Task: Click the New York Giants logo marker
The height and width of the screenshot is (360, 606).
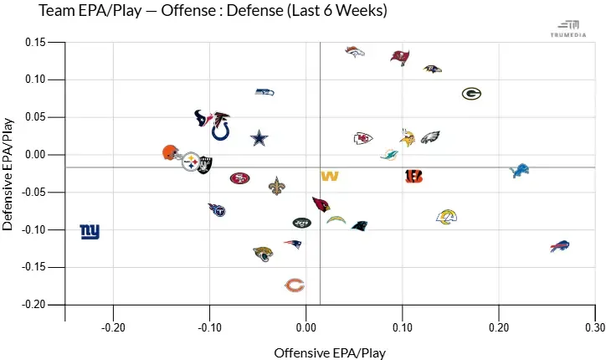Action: [90, 231]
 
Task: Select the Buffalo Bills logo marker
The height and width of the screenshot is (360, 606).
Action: [559, 246]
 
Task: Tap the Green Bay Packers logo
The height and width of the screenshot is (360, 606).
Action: [471, 94]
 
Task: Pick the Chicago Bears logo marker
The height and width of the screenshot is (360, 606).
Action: [294, 285]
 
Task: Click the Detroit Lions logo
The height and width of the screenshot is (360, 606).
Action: [520, 171]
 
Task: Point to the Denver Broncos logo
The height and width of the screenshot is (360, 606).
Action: [355, 52]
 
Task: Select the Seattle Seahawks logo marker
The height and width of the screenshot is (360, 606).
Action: [264, 92]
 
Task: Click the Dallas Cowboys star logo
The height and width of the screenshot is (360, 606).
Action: [260, 138]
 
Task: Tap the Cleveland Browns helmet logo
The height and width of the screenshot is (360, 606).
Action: [171, 152]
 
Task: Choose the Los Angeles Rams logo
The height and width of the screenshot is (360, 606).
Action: [448, 218]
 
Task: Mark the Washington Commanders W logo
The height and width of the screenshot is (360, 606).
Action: [330, 176]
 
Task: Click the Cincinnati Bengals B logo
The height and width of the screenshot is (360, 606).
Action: [413, 176]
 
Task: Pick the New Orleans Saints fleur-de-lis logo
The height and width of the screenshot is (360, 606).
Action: [277, 186]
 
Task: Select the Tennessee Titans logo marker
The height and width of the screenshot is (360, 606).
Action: [218, 209]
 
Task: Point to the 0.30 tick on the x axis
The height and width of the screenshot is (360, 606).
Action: [595, 328]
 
